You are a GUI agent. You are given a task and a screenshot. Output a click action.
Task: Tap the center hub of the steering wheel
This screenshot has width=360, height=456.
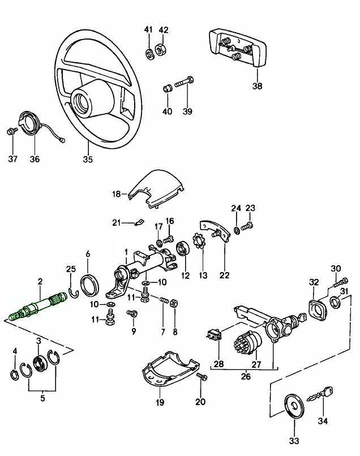86,101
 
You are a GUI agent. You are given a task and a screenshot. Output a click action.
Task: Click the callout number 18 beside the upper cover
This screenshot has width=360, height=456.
116,193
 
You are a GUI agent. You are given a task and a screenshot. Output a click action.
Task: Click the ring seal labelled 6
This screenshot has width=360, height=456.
88,285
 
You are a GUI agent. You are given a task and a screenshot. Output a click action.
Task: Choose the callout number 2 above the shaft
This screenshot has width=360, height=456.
40,281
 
